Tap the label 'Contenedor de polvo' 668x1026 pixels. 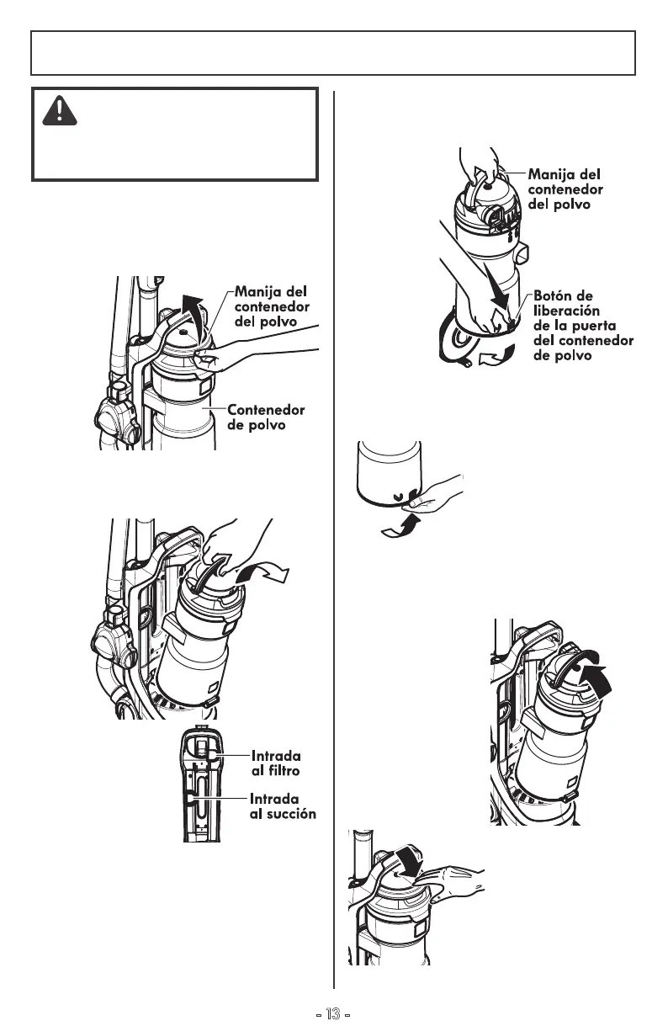[x=266, y=417]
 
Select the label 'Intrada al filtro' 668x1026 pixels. [x=275, y=763]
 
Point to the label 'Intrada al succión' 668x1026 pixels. [x=283, y=805]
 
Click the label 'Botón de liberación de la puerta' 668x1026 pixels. [x=583, y=326]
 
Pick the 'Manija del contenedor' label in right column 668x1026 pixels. [x=565, y=189]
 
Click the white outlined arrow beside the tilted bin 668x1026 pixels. [x=268, y=577]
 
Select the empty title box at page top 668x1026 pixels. [x=333, y=52]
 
